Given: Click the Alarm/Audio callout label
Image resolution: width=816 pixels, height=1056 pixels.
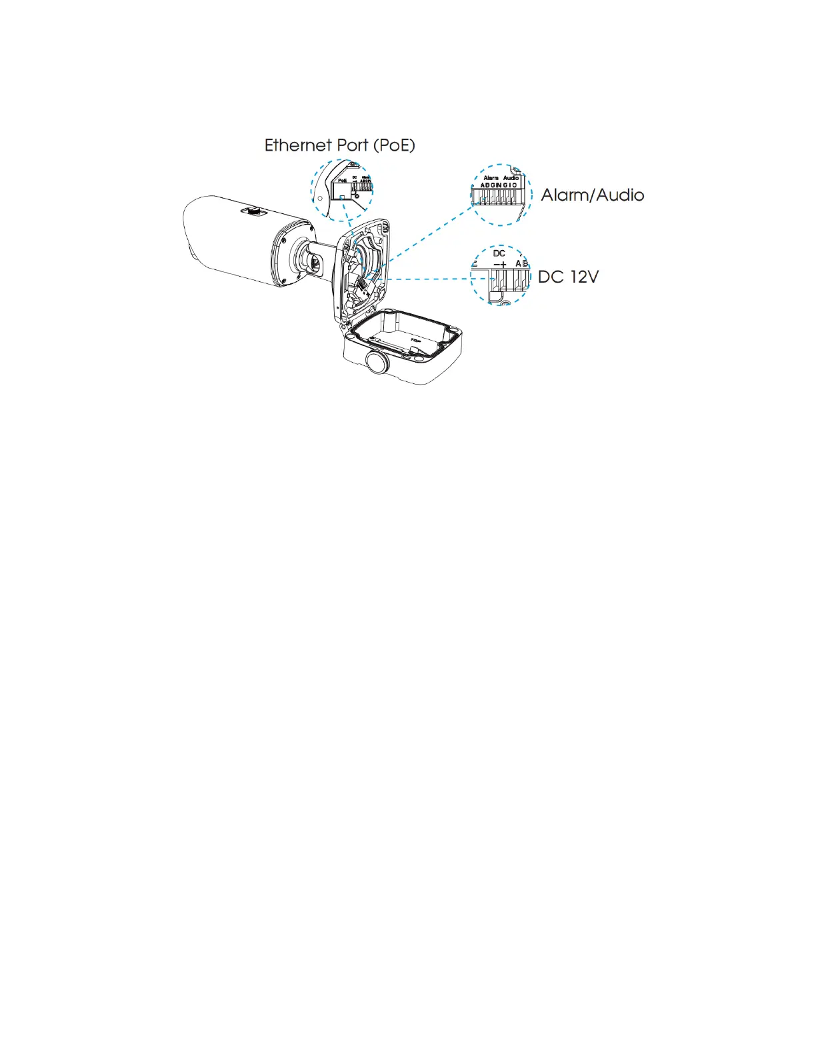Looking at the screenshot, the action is click(592, 195).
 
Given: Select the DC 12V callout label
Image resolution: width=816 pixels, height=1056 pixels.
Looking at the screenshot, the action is click(568, 277).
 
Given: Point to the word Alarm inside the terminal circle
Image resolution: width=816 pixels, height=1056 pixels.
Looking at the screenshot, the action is click(491, 178).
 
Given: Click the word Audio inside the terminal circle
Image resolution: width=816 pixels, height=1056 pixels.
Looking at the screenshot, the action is click(511, 178).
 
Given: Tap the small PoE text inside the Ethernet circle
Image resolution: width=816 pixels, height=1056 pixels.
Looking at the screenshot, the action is click(342, 180).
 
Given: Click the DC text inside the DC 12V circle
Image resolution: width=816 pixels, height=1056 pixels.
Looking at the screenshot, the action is click(499, 253).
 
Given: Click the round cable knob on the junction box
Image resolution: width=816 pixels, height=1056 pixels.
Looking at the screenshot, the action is click(377, 363).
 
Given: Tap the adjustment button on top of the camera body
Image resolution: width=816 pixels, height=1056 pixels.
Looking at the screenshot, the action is click(254, 211).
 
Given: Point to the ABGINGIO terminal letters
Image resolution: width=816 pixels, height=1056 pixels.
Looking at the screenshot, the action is click(499, 185).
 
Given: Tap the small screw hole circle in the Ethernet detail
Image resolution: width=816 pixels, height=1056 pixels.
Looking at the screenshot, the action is click(320, 198).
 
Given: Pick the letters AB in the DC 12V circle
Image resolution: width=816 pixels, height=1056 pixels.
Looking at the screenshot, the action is click(521, 264).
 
